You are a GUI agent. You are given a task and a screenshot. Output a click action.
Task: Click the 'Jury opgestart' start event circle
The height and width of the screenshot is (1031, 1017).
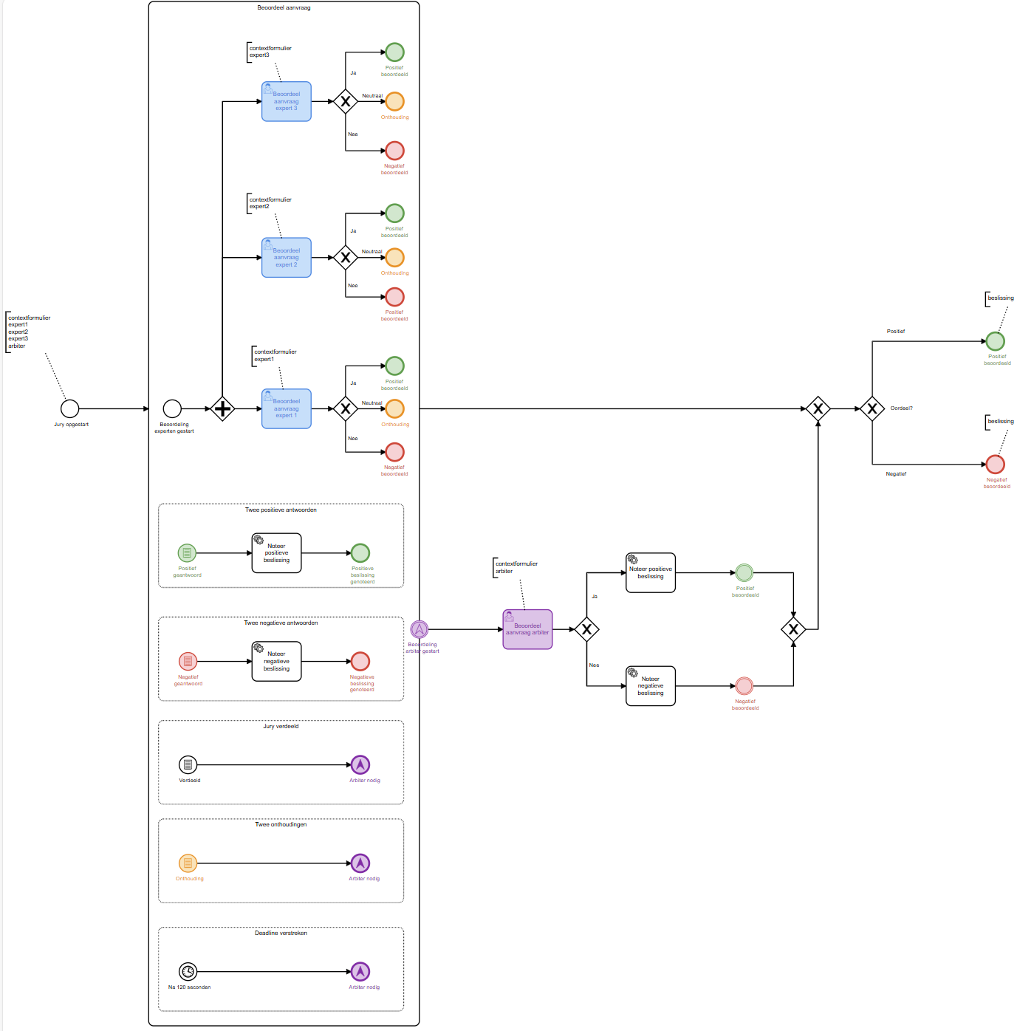point(69,408)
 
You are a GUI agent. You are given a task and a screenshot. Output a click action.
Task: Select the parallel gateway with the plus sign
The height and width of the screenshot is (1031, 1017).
point(222,408)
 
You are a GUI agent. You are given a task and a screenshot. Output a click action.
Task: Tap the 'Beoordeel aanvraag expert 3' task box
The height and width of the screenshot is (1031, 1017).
point(287,101)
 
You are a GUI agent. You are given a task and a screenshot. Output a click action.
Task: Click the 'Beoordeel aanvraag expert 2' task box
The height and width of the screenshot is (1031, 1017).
point(287,258)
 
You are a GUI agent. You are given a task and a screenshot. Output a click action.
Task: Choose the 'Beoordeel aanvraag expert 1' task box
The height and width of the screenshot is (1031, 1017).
point(287,408)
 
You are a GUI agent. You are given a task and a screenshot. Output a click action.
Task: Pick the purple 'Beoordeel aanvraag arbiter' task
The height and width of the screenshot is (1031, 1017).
point(527,629)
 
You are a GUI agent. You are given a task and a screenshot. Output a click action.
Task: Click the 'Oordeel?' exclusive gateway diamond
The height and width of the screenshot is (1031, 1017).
point(872,408)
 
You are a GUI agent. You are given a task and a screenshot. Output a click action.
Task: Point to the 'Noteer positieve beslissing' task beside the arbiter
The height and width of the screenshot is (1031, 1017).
point(651,572)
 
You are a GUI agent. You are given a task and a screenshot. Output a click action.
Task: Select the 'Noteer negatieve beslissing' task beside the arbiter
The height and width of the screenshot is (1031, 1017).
point(651,686)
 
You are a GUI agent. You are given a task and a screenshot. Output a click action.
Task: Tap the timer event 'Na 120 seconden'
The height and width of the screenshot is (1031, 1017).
point(188,971)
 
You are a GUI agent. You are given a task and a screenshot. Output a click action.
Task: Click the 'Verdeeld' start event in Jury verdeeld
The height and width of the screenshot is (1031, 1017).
point(188,764)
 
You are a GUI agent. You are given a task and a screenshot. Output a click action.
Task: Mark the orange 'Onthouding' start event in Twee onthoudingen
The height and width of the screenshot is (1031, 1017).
point(188,863)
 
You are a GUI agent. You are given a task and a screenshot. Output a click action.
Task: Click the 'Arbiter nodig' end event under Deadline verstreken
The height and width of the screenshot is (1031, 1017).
point(360,971)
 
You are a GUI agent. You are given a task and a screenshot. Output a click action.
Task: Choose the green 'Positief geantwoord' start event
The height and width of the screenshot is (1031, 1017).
point(188,552)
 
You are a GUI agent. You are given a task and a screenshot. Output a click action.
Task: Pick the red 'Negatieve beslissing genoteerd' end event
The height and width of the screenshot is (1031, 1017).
point(360,661)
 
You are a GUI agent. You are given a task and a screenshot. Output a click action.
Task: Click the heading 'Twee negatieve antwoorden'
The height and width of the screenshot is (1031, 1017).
point(281,623)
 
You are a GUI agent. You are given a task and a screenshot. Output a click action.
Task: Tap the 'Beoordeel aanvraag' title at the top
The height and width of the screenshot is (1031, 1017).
point(284,7)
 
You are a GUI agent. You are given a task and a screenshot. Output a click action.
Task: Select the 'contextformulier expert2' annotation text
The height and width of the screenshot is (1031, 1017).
point(270,203)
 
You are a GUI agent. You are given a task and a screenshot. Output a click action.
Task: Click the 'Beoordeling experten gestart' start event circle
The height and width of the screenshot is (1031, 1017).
point(172,408)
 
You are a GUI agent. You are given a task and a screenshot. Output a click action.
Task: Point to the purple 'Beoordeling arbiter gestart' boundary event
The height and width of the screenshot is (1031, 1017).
point(420,629)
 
